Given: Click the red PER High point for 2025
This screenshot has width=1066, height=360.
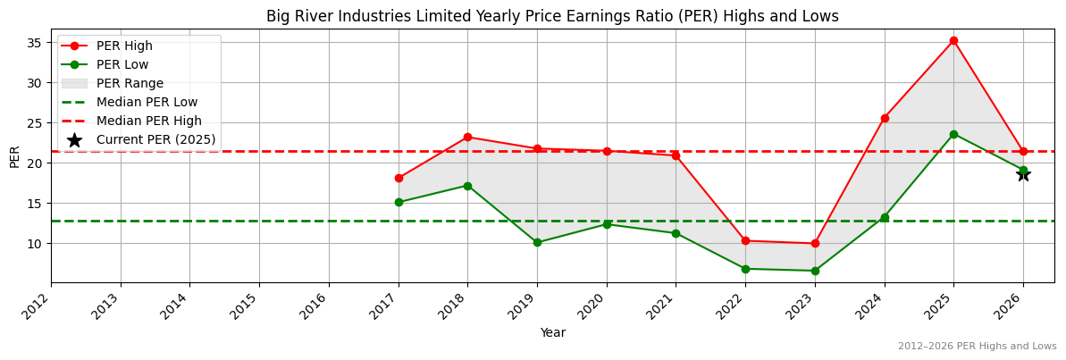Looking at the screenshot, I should click(953, 40).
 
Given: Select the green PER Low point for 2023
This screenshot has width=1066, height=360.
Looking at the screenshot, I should click(815, 271).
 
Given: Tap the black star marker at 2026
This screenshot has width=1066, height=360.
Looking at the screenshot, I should click(1023, 174).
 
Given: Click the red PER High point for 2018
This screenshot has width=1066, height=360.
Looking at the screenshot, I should click(467, 137).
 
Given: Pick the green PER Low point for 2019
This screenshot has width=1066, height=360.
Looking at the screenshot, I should click(537, 242).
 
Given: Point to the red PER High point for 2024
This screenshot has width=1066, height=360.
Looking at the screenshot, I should click(885, 118).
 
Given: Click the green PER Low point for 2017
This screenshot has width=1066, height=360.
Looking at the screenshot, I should click(399, 202).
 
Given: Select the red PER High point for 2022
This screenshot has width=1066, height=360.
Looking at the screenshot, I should click(745, 240).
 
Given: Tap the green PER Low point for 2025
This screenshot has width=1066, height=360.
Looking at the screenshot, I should click(953, 134).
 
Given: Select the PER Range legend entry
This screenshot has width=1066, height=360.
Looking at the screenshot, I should click(130, 83).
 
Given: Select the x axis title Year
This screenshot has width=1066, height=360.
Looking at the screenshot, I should click(552, 332).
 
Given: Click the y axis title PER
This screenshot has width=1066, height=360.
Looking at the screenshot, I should click(14, 156).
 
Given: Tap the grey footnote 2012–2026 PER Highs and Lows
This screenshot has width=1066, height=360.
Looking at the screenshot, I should click(977, 346).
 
